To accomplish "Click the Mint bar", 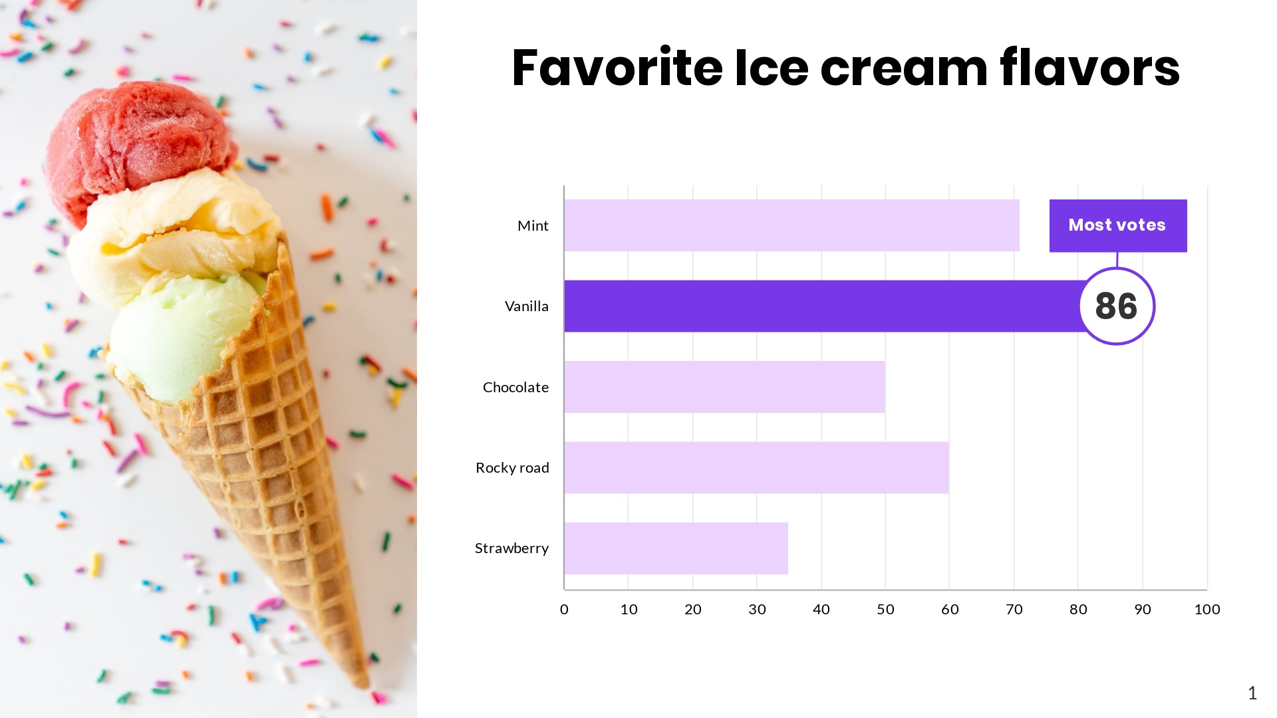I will pos(791,225).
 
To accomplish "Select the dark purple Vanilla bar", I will pos(821,306).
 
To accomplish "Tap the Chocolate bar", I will pos(724,387).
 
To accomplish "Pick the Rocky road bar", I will pos(756,467).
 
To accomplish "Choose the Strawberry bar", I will pos(676,548).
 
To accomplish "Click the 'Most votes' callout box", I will pos(1117,225).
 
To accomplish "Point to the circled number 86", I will pos(1117,306).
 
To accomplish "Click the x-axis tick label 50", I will pos(885,610).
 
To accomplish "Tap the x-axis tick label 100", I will pos(1206,610).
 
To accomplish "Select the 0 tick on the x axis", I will pos(564,610).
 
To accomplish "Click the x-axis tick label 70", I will pos(1014,610).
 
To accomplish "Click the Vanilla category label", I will pos(526,306).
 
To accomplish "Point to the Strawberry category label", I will pos(511,548).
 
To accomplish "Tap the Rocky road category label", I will pos(512,468).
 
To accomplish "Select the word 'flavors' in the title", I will pos(1089,68).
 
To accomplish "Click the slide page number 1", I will pos(1252,693).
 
